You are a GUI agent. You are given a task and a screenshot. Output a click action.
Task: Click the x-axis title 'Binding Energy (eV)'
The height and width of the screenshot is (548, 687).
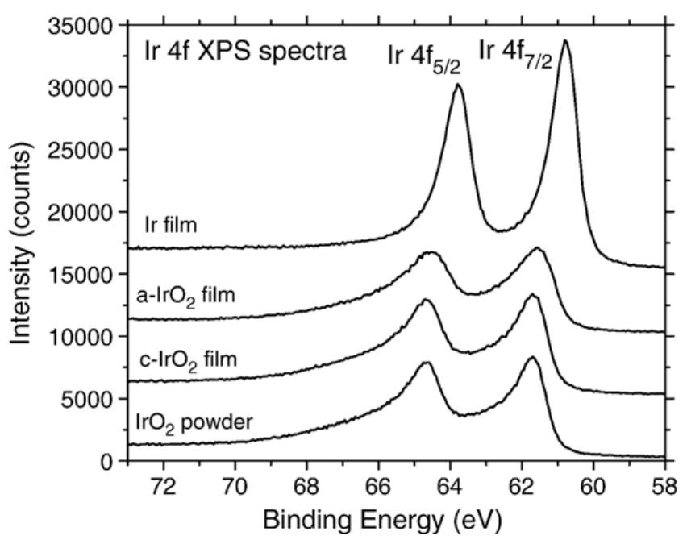pyautogui.click(x=395, y=523)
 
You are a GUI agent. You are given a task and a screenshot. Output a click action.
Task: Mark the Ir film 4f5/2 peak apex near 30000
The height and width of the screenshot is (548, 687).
pyautogui.click(x=458, y=85)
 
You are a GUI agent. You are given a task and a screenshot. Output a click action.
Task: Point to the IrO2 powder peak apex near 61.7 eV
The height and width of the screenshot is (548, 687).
pyautogui.click(x=531, y=357)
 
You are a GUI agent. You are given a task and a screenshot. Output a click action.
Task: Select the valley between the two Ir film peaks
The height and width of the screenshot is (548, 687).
pyautogui.click(x=502, y=231)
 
